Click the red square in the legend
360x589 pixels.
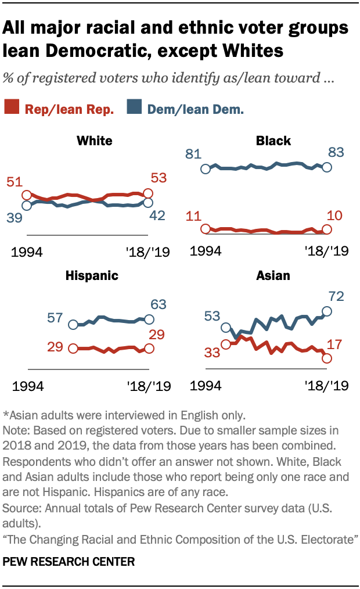pyautogui.click(x=12, y=106)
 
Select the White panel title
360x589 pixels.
pyautogui.click(x=94, y=141)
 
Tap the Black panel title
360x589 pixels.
pyautogui.click(x=273, y=141)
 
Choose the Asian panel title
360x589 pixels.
pyautogui.click(x=273, y=276)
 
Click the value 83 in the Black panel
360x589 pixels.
pyautogui.click(x=336, y=153)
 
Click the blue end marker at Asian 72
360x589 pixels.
pyautogui.click(x=326, y=311)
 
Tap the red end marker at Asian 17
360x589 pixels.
pyautogui.click(x=326, y=358)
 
